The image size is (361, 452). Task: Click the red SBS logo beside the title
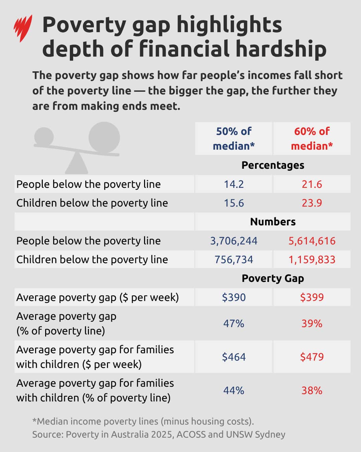coord(23,28)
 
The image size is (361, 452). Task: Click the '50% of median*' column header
coord(234,138)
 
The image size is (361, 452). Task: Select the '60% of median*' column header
coord(312,138)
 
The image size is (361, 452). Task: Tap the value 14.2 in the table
coord(234,184)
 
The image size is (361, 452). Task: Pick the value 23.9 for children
coord(312,203)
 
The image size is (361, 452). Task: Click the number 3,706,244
coord(234,241)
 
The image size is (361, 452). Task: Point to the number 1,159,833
coord(312,259)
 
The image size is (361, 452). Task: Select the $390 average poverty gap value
coord(234,297)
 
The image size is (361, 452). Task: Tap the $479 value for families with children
coord(312,357)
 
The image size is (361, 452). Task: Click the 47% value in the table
coord(234,323)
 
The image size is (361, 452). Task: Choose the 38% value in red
coord(312,390)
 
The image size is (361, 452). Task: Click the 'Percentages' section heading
coord(273,165)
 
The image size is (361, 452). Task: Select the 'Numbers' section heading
coord(273,222)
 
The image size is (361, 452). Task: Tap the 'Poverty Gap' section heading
coord(273,278)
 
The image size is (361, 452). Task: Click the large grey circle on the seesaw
coord(104,138)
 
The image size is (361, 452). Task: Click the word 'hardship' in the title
coord(281,49)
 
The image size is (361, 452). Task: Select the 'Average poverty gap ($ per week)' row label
coord(97,297)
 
